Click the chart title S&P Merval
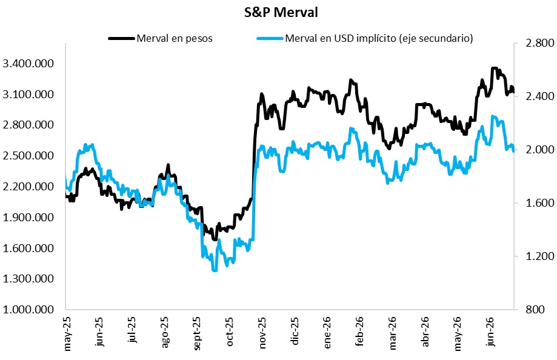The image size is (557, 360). coord(281,13)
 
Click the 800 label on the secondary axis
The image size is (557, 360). coord(535,310)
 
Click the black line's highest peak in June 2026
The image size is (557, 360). coord(494,68)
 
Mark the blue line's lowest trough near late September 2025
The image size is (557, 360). coord(215,270)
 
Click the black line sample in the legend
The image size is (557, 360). coord(122,38)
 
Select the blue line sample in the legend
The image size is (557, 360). coord(270,38)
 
